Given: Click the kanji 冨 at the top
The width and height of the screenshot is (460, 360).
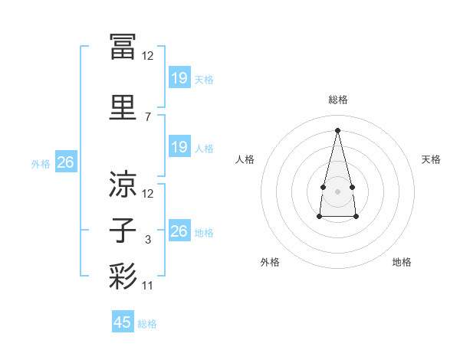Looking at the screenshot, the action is pyautogui.click(x=123, y=47).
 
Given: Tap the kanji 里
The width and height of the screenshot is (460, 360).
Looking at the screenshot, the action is pyautogui.click(x=123, y=107).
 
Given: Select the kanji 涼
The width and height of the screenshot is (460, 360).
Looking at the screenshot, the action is pyautogui.click(x=123, y=184).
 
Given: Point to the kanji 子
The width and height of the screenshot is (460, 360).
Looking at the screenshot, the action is pyautogui.click(x=123, y=230).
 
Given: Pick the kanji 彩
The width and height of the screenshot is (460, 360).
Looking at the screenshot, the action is pyautogui.click(x=123, y=277).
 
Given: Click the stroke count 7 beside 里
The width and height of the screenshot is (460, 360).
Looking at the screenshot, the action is pyautogui.click(x=148, y=117).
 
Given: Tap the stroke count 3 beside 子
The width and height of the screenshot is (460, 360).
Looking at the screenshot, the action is pyautogui.click(x=148, y=240).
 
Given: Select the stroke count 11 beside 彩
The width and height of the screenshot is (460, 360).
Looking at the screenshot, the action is pyautogui.click(x=147, y=286).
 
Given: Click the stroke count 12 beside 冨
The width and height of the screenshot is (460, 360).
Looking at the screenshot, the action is pyautogui.click(x=147, y=56).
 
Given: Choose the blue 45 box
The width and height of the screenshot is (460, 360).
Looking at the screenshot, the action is pyautogui.click(x=123, y=321).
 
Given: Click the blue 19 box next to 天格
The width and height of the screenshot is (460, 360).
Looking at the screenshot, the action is pyautogui.click(x=179, y=77).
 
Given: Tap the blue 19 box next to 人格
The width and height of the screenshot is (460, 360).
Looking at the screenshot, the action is pyautogui.click(x=179, y=146).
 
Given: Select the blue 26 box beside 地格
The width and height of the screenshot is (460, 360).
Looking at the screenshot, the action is pyautogui.click(x=179, y=230).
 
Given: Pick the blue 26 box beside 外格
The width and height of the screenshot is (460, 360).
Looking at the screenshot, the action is pyautogui.click(x=66, y=162).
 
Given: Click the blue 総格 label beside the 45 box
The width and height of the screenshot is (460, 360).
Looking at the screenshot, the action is pyautogui.click(x=147, y=324).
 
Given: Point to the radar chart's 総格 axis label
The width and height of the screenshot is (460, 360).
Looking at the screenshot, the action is pyautogui.click(x=338, y=100).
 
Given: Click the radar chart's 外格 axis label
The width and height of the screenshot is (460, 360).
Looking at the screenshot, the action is pyautogui.click(x=270, y=262).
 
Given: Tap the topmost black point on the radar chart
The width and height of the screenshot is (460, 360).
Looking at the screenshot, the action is pyautogui.click(x=337, y=130).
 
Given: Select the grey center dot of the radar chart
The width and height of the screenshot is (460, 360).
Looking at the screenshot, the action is pyautogui.click(x=337, y=191).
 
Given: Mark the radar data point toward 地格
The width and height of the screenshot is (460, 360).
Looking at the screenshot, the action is pyautogui.click(x=356, y=216).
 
